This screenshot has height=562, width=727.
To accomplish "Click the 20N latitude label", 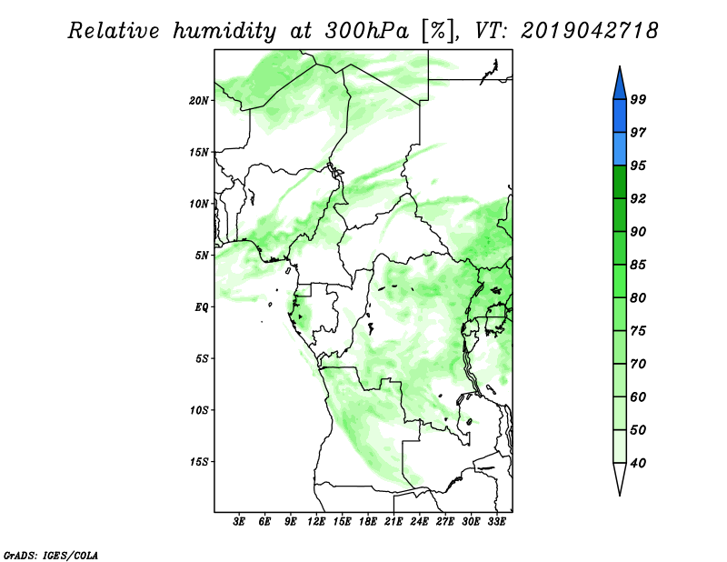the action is [x=199, y=101].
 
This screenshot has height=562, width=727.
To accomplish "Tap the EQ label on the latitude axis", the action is [x=202, y=307].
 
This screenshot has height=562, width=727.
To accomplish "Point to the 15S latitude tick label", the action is [x=199, y=462].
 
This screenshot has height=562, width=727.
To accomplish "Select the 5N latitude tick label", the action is [x=202, y=256].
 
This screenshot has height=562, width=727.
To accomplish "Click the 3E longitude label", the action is [x=239, y=522].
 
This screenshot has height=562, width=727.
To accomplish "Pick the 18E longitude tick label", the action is [x=368, y=522].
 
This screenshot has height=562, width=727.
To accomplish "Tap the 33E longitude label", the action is [x=496, y=522].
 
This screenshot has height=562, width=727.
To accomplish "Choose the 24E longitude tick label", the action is [x=419, y=522].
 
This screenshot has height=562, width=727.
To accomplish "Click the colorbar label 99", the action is [x=638, y=99].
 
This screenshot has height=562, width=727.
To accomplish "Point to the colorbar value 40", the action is [x=638, y=463].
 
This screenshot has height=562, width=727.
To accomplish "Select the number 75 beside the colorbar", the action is [x=638, y=331].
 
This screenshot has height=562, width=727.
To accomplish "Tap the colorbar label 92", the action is [x=638, y=198].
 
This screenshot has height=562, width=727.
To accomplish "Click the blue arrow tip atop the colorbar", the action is [x=620, y=66].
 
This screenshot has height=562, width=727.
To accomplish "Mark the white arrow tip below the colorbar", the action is [x=620, y=495].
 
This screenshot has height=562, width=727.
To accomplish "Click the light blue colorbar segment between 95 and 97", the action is [x=620, y=149].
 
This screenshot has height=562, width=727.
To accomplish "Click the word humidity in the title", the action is [x=224, y=31].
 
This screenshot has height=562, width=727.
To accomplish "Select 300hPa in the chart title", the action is [x=367, y=31].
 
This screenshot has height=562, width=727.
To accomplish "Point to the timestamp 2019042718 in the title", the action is [x=589, y=31].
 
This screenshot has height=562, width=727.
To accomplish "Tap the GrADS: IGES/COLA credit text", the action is [x=51, y=555].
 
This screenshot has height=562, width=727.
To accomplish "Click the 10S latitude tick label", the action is [x=199, y=410].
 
